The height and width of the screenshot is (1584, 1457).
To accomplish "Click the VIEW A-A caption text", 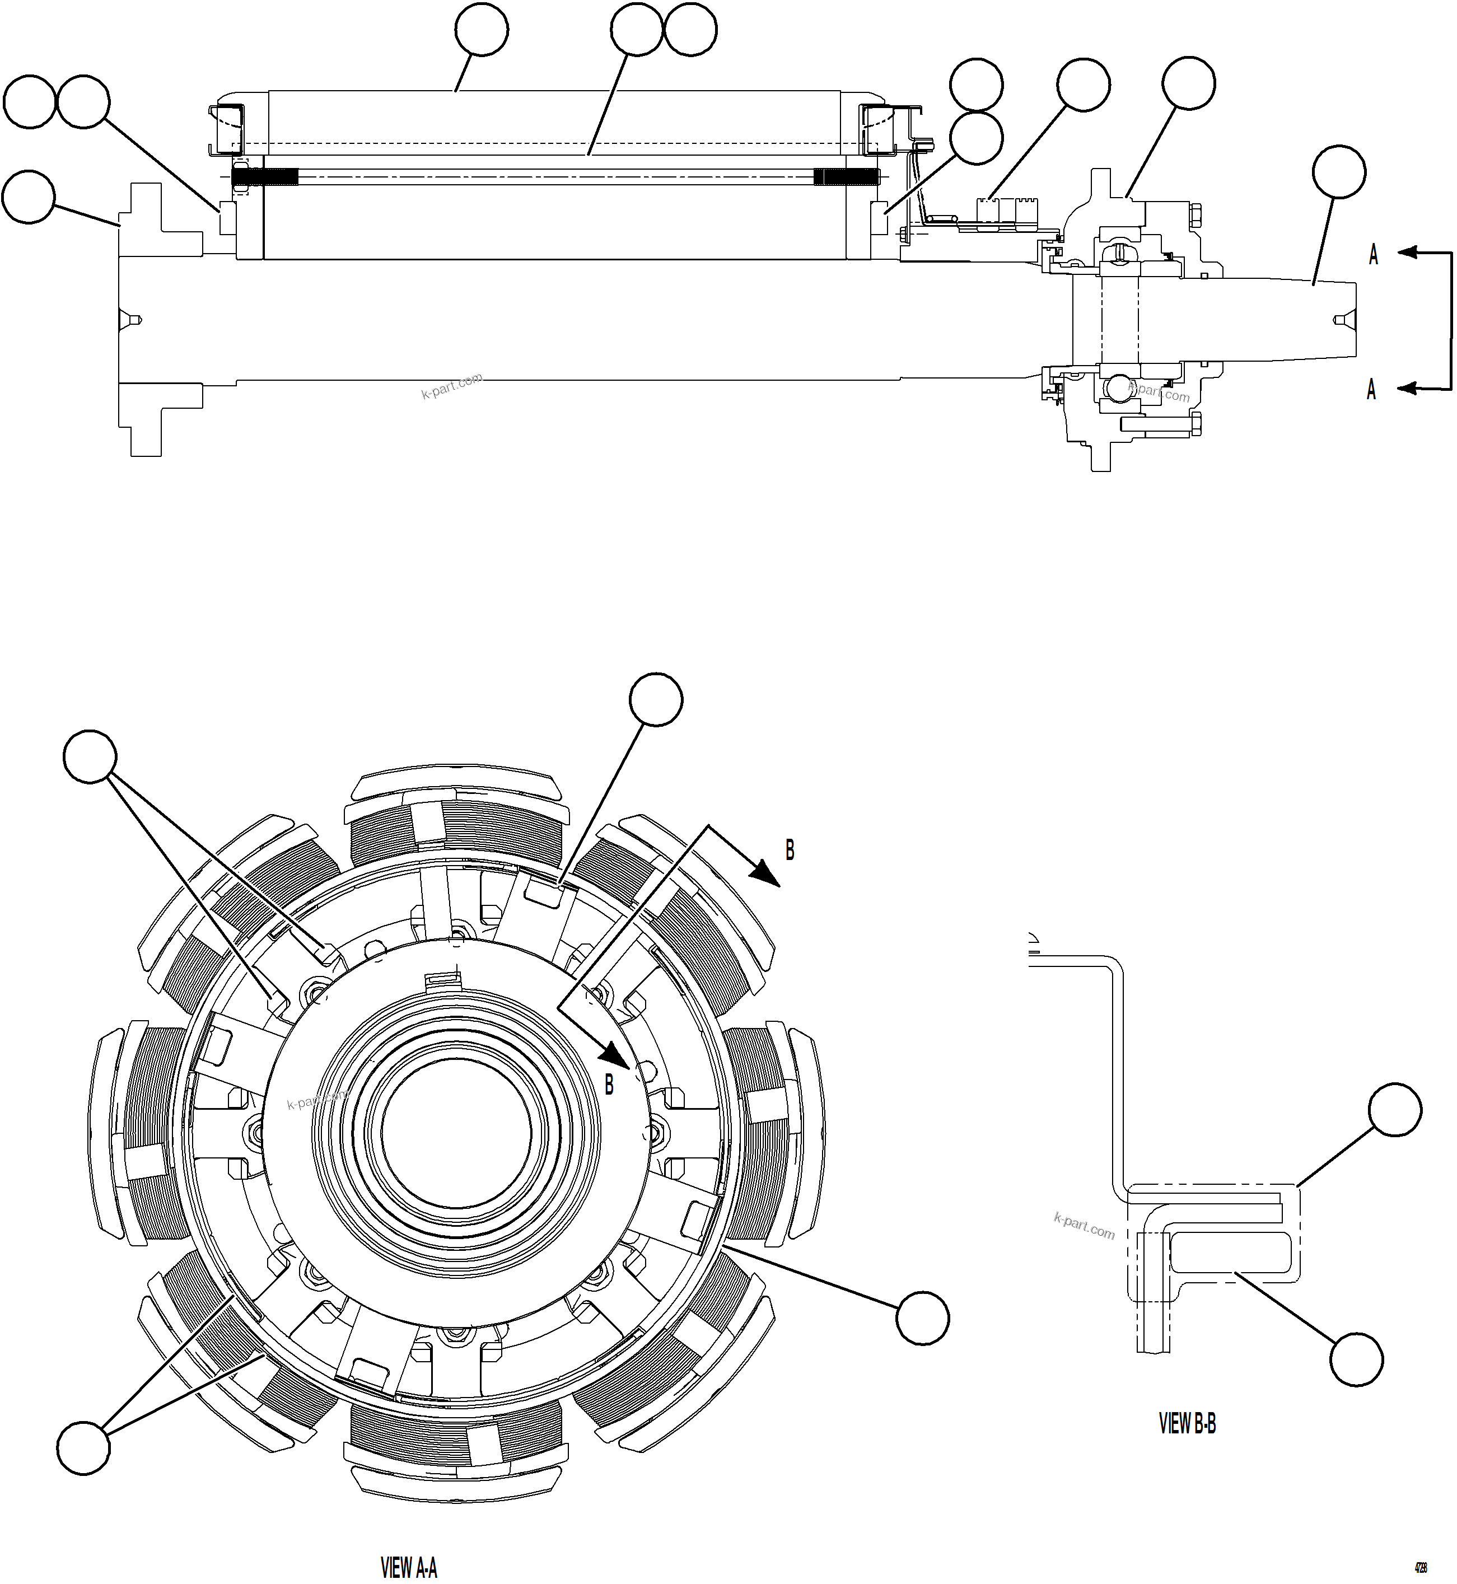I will click(408, 1566).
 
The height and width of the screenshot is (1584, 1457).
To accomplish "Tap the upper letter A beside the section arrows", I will click(1372, 255).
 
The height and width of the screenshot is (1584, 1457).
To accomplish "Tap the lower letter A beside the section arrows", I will click(1371, 390).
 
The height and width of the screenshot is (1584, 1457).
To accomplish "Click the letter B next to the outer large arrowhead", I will click(789, 850).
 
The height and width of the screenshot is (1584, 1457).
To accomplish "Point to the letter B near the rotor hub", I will click(609, 1085).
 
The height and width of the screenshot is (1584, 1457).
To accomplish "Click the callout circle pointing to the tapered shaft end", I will click(1339, 172).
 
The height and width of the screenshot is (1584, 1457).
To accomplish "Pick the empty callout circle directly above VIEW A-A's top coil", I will click(656, 699).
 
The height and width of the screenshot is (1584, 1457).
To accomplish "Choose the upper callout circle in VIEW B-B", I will click(1395, 1109).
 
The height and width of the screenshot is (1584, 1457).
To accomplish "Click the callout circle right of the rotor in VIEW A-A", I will click(922, 1317).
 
